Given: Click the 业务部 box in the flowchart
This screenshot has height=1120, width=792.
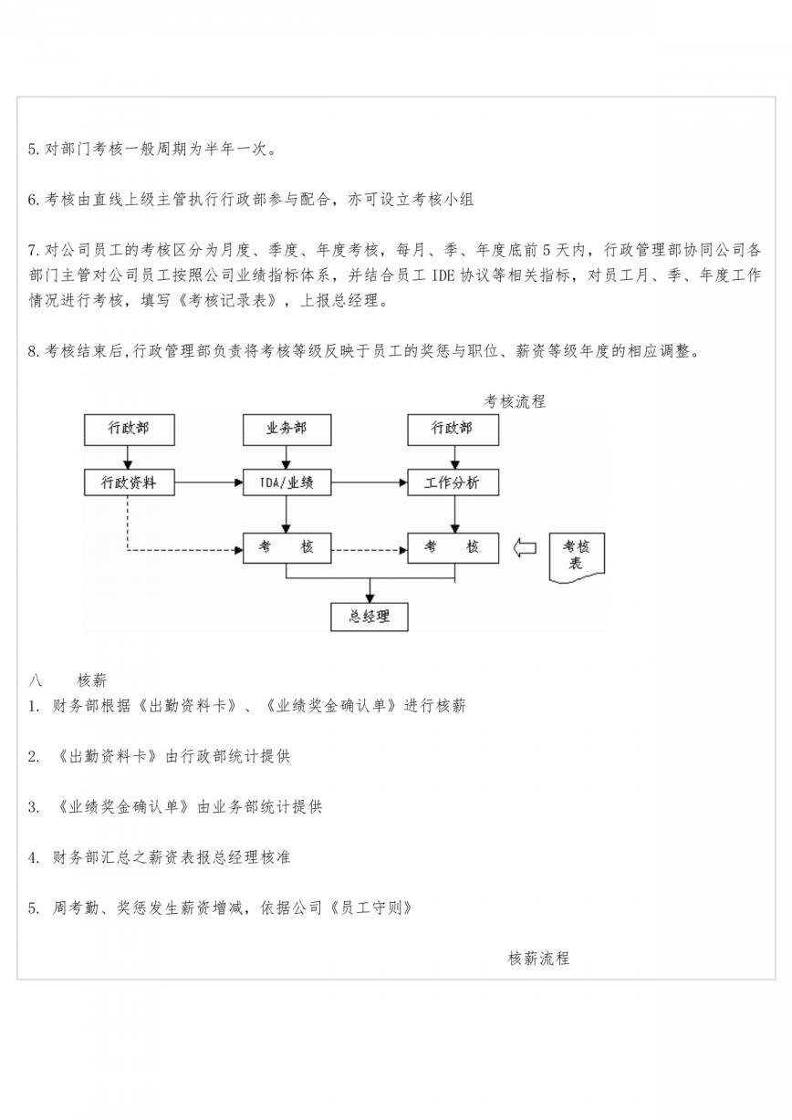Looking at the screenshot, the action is (287, 430).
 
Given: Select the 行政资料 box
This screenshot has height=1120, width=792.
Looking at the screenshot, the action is (129, 482).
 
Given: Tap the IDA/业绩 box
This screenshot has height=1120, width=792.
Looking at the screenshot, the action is (287, 482).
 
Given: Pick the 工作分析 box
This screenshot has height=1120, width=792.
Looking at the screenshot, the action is (453, 482).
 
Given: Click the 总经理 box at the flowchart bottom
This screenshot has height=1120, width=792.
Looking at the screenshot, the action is (370, 617).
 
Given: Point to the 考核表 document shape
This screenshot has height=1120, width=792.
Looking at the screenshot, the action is (577, 557).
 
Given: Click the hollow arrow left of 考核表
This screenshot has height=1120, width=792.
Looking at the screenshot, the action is (525, 547).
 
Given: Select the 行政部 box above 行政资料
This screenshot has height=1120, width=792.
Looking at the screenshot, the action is (129, 430).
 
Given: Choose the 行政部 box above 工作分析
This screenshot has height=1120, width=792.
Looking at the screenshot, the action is (453, 430).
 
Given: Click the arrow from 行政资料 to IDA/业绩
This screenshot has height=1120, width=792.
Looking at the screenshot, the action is (209, 482).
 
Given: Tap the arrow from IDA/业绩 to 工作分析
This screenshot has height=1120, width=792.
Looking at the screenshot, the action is (370, 482).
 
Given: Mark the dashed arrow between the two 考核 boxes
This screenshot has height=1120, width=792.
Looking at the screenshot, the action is (370, 551).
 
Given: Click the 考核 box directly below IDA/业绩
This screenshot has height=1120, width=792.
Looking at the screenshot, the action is (287, 548).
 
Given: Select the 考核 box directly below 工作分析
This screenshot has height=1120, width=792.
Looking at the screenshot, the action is (453, 548).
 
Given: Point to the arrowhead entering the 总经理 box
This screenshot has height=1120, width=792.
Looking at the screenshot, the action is (370, 598).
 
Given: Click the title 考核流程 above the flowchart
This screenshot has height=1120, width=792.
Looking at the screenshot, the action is (515, 401).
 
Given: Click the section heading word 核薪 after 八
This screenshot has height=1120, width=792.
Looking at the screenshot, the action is (91, 680).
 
